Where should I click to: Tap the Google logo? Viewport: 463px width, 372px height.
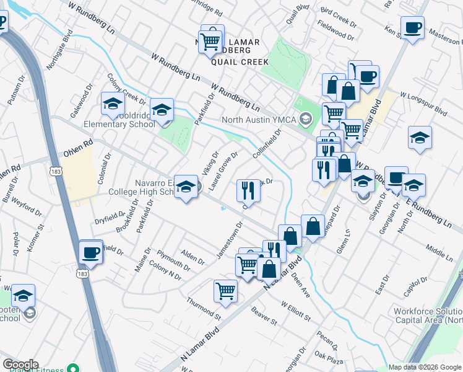(20, 365)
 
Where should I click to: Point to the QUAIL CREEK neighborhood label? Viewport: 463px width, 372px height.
(240, 62)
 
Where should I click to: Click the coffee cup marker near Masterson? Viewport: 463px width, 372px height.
(412, 28)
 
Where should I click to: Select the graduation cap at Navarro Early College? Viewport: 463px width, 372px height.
(185, 188)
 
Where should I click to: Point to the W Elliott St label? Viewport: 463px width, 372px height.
(295, 311)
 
